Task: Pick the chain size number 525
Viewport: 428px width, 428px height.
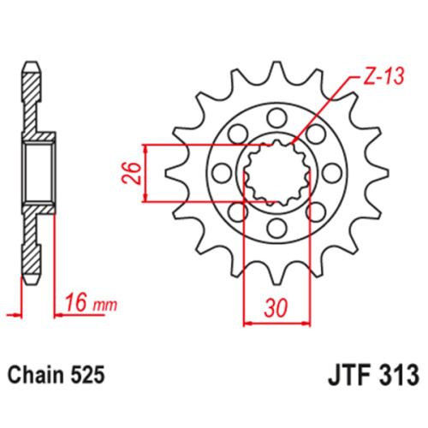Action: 89,375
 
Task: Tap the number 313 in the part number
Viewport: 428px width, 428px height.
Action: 397,375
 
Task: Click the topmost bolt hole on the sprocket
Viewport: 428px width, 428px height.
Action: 276,116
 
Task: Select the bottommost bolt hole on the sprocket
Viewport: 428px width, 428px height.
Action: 276,228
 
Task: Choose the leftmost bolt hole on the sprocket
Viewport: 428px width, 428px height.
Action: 221,173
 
